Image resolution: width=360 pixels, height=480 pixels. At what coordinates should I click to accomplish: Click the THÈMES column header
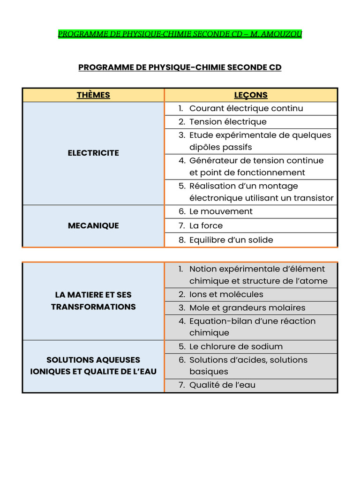pos(93,95)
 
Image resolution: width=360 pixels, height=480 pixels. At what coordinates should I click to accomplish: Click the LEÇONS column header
pos(251,95)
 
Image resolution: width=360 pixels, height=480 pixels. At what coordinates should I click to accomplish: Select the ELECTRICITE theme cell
pos(93,153)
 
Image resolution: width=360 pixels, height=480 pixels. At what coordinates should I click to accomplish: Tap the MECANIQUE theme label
pos(93,225)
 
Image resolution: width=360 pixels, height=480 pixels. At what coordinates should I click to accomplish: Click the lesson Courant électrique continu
pos(246,108)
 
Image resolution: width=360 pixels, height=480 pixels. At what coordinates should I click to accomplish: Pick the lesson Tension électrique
pos(228,122)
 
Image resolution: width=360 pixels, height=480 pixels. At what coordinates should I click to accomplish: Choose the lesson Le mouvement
pos(221,211)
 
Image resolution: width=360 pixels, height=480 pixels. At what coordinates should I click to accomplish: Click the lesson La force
pos(206,225)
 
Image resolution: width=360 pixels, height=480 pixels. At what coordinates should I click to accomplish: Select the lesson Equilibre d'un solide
pos(231,240)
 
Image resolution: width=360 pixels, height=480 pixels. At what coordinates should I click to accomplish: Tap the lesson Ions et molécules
pos(226,294)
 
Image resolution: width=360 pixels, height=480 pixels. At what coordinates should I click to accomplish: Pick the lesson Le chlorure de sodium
pos(236,347)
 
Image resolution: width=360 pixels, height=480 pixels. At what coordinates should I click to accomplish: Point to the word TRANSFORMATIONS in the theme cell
pos(93,307)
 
